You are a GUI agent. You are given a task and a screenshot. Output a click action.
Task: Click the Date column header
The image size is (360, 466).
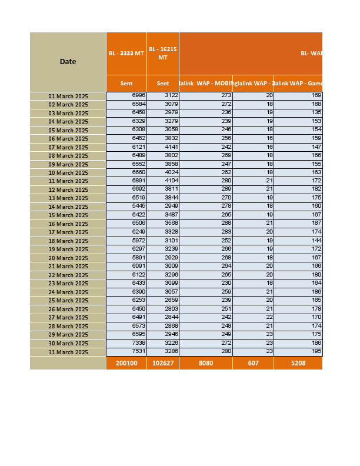(68, 62)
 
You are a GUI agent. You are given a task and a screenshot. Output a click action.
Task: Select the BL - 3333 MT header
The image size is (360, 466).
(126, 54)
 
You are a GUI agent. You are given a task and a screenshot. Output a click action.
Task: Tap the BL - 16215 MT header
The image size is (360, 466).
(163, 54)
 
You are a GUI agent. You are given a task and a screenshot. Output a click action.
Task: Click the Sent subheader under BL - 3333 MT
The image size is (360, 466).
(126, 84)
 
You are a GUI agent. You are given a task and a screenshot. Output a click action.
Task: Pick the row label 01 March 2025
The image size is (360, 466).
(68, 96)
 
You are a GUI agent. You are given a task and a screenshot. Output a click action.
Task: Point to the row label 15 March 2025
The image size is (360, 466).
(68, 215)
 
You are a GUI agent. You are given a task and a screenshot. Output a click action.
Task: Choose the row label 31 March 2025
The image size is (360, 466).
(68, 352)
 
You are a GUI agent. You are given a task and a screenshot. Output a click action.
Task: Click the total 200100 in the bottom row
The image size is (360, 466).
(126, 364)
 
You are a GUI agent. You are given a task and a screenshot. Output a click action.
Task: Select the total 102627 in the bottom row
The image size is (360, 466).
(163, 364)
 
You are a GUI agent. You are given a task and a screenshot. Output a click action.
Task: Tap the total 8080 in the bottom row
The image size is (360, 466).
(206, 364)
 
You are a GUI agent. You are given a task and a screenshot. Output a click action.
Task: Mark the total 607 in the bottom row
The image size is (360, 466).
(253, 364)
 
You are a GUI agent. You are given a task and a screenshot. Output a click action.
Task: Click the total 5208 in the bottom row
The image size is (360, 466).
(298, 364)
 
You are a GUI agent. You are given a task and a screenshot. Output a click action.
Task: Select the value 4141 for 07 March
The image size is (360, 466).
(171, 147)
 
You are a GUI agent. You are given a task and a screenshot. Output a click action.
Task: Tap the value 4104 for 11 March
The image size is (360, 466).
(171, 181)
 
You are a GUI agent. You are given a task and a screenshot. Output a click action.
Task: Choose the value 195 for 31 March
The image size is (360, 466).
(316, 352)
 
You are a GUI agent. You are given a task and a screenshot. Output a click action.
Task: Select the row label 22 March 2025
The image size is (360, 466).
(68, 275)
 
